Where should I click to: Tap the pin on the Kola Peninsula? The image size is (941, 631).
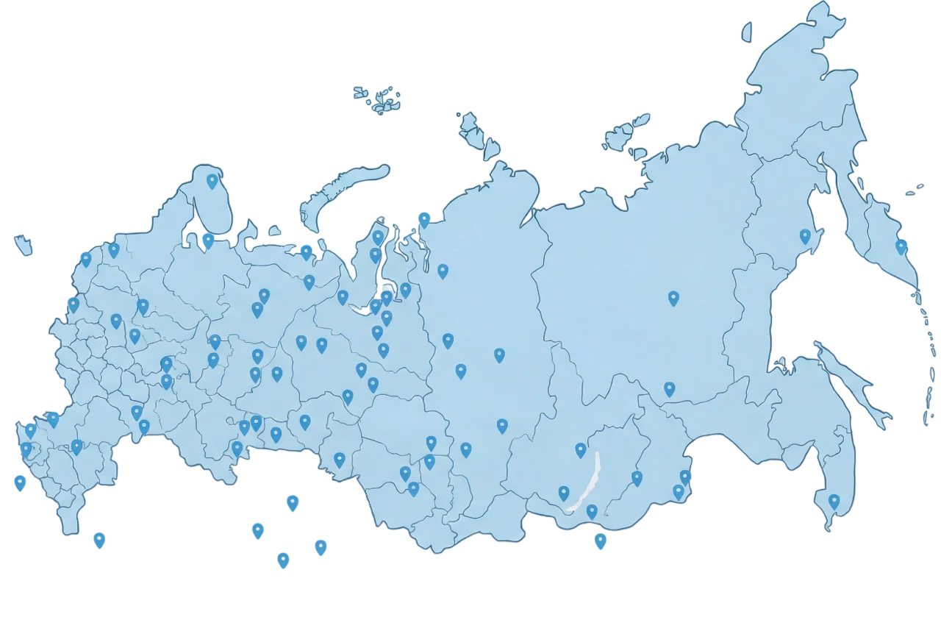(x=212, y=181)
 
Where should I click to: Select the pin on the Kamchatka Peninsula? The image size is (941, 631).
(x=901, y=246)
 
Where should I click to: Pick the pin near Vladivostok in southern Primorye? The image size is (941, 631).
(x=834, y=502)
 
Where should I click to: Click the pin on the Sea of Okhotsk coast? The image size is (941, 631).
(x=805, y=236)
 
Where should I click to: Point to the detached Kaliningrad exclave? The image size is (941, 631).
(x=24, y=244)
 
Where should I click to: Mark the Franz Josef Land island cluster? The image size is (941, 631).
(x=379, y=97)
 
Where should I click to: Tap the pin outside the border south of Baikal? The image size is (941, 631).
(x=601, y=542)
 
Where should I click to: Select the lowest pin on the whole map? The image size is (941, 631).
(x=283, y=560)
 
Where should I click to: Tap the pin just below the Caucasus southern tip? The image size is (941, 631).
(x=99, y=540)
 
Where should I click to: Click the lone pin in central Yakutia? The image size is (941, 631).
(x=673, y=298)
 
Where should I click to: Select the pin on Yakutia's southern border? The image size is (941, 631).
(x=669, y=389)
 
